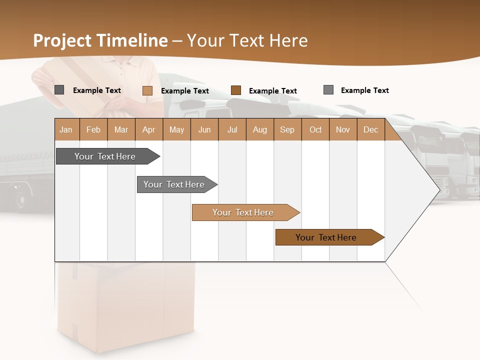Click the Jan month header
[66, 129]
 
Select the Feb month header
[93, 129]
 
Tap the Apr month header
[148, 129]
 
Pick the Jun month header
[204, 129]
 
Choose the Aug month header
[259, 129]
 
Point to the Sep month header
[287, 129]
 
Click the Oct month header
[315, 129]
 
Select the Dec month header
[370, 129]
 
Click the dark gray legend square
[59, 90]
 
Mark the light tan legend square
[147, 90]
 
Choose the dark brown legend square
[236, 90]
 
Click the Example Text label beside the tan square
[184, 91]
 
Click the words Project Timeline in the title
[100, 40]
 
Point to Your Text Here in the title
[247, 40]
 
